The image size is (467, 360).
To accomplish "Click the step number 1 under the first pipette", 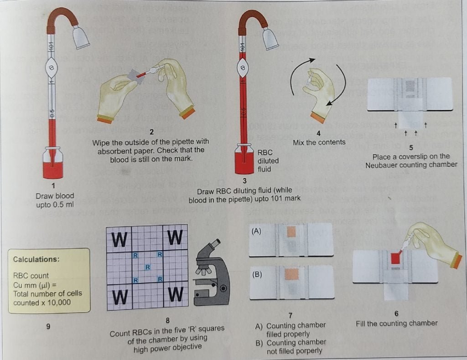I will click(54, 186).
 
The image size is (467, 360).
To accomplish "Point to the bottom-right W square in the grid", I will click(176, 296).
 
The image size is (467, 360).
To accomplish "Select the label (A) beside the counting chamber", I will click(256, 231).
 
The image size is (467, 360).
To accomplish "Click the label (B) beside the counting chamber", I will click(256, 275).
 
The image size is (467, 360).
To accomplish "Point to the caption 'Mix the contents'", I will click(319, 142).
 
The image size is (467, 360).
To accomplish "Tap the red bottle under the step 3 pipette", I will click(244, 162).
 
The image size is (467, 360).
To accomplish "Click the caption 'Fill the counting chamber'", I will click(396, 323).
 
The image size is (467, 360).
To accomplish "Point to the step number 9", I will click(48, 326).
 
